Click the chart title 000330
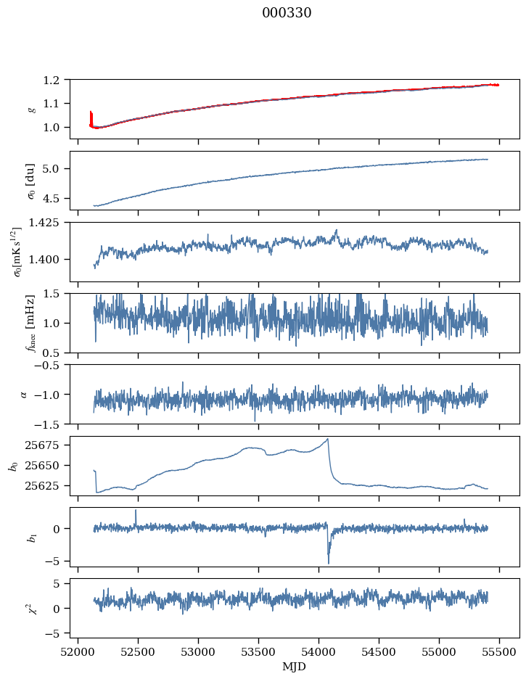coord(287,13)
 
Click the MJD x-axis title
coord(294,666)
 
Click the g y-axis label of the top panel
coord(31,109)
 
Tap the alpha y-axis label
coord(23,394)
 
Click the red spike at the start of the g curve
coord(91,116)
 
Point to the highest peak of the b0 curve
coord(328,439)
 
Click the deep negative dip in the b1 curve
coord(329,561)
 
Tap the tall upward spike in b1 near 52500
coord(136,511)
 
